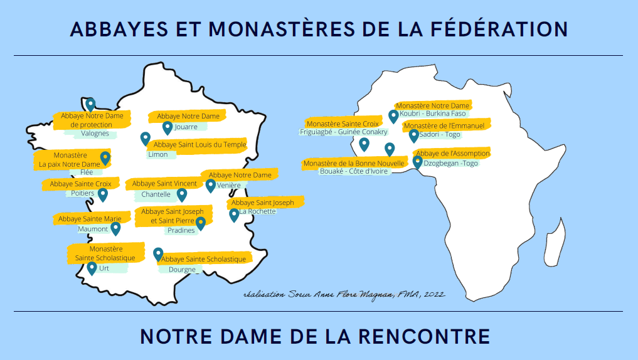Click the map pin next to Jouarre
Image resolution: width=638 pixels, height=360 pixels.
click(x=167, y=127)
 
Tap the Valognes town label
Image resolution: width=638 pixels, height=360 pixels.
click(x=95, y=134)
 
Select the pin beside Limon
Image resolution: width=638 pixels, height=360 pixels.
click(x=146, y=139)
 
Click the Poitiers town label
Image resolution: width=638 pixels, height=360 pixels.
click(x=82, y=193)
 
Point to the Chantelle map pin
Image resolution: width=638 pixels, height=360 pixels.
click(x=182, y=194)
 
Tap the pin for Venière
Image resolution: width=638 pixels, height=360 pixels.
click(x=211, y=185)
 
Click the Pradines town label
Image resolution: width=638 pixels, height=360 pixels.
click(x=181, y=230)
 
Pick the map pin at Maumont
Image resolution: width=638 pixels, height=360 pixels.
click(x=115, y=228)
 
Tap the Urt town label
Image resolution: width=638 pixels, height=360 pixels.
click(x=104, y=268)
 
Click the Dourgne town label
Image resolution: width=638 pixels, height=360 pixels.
click(x=182, y=270)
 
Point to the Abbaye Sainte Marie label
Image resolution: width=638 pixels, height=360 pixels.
click(x=90, y=219)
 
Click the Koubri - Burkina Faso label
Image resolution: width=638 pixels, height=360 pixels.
click(x=433, y=114)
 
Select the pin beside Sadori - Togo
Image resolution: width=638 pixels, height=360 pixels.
click(x=413, y=135)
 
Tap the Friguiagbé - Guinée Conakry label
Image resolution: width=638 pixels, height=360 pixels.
click(x=344, y=132)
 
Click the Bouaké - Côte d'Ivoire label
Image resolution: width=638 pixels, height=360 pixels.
click(x=354, y=171)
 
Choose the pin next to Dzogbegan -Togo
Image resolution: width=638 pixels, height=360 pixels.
click(x=417, y=162)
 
